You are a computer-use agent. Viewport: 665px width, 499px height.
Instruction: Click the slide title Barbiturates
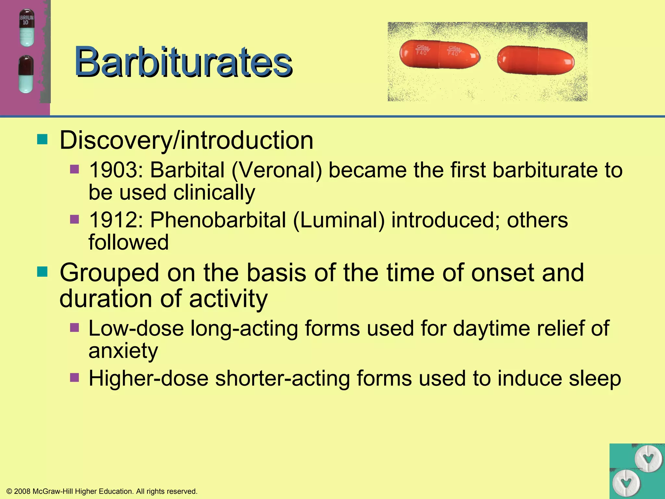183,62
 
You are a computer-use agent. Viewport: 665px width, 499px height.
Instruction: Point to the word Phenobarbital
218,220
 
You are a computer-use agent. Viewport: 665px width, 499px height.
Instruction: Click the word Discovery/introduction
186,140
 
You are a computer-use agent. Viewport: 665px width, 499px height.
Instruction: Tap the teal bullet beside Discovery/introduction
42,140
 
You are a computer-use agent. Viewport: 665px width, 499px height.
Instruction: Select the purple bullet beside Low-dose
75,327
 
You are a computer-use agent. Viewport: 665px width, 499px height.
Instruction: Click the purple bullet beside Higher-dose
75,377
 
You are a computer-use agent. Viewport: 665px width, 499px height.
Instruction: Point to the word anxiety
123,351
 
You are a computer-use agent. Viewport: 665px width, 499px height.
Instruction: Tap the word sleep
595,379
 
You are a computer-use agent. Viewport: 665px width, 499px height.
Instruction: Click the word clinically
214,193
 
